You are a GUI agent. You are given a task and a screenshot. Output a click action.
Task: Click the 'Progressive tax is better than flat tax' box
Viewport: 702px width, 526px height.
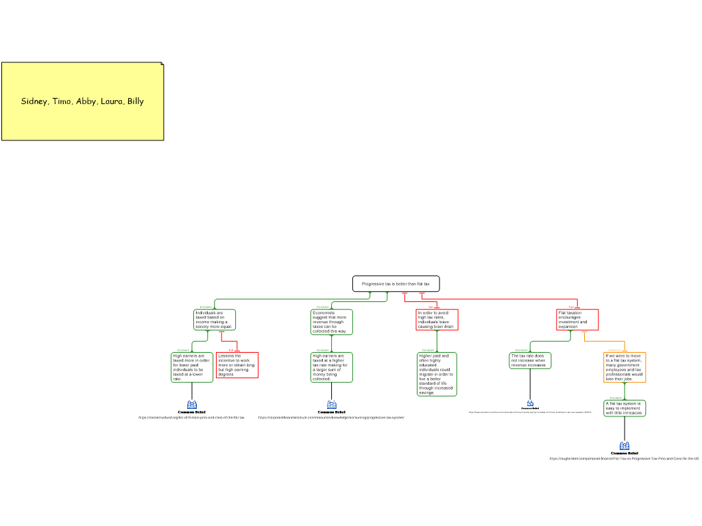(x=396, y=284)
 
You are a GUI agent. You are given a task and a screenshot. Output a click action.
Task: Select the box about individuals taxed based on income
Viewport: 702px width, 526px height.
(x=215, y=320)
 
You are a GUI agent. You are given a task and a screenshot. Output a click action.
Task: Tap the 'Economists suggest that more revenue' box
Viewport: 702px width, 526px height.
(x=332, y=322)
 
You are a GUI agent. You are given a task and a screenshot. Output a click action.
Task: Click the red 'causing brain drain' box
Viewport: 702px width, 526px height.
(x=437, y=320)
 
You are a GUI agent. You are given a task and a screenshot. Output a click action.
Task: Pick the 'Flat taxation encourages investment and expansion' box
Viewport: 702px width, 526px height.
(x=577, y=320)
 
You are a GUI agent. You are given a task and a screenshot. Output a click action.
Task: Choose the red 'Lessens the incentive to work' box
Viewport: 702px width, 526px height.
(x=237, y=365)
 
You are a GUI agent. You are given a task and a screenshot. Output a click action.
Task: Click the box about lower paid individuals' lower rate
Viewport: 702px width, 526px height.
(x=192, y=367)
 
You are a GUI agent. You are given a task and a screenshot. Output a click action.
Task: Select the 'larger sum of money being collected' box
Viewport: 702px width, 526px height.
(x=332, y=367)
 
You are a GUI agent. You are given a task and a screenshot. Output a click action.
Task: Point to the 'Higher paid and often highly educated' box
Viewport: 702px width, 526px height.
(x=437, y=374)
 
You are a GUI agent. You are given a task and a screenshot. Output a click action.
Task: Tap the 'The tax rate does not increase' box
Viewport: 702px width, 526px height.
(x=530, y=360)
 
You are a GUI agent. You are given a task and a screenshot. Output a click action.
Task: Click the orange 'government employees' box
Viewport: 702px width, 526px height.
(x=625, y=367)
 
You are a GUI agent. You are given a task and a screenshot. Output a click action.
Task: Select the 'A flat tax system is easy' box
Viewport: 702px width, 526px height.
(x=625, y=408)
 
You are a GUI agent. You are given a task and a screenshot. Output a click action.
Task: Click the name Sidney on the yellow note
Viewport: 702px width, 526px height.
(x=34, y=101)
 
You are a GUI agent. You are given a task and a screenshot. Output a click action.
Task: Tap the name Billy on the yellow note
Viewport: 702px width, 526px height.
(x=136, y=101)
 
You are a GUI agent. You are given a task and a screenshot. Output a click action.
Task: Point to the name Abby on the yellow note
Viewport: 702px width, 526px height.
(x=86, y=101)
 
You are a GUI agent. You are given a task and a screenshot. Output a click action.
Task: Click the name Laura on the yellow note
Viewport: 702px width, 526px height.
(x=112, y=101)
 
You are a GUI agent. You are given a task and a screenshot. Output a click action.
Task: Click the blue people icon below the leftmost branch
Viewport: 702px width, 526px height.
(x=192, y=405)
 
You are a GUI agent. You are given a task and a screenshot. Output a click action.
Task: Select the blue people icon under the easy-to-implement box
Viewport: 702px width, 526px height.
(x=625, y=447)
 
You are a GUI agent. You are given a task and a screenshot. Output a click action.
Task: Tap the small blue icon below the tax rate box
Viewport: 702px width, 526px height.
(x=530, y=403)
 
